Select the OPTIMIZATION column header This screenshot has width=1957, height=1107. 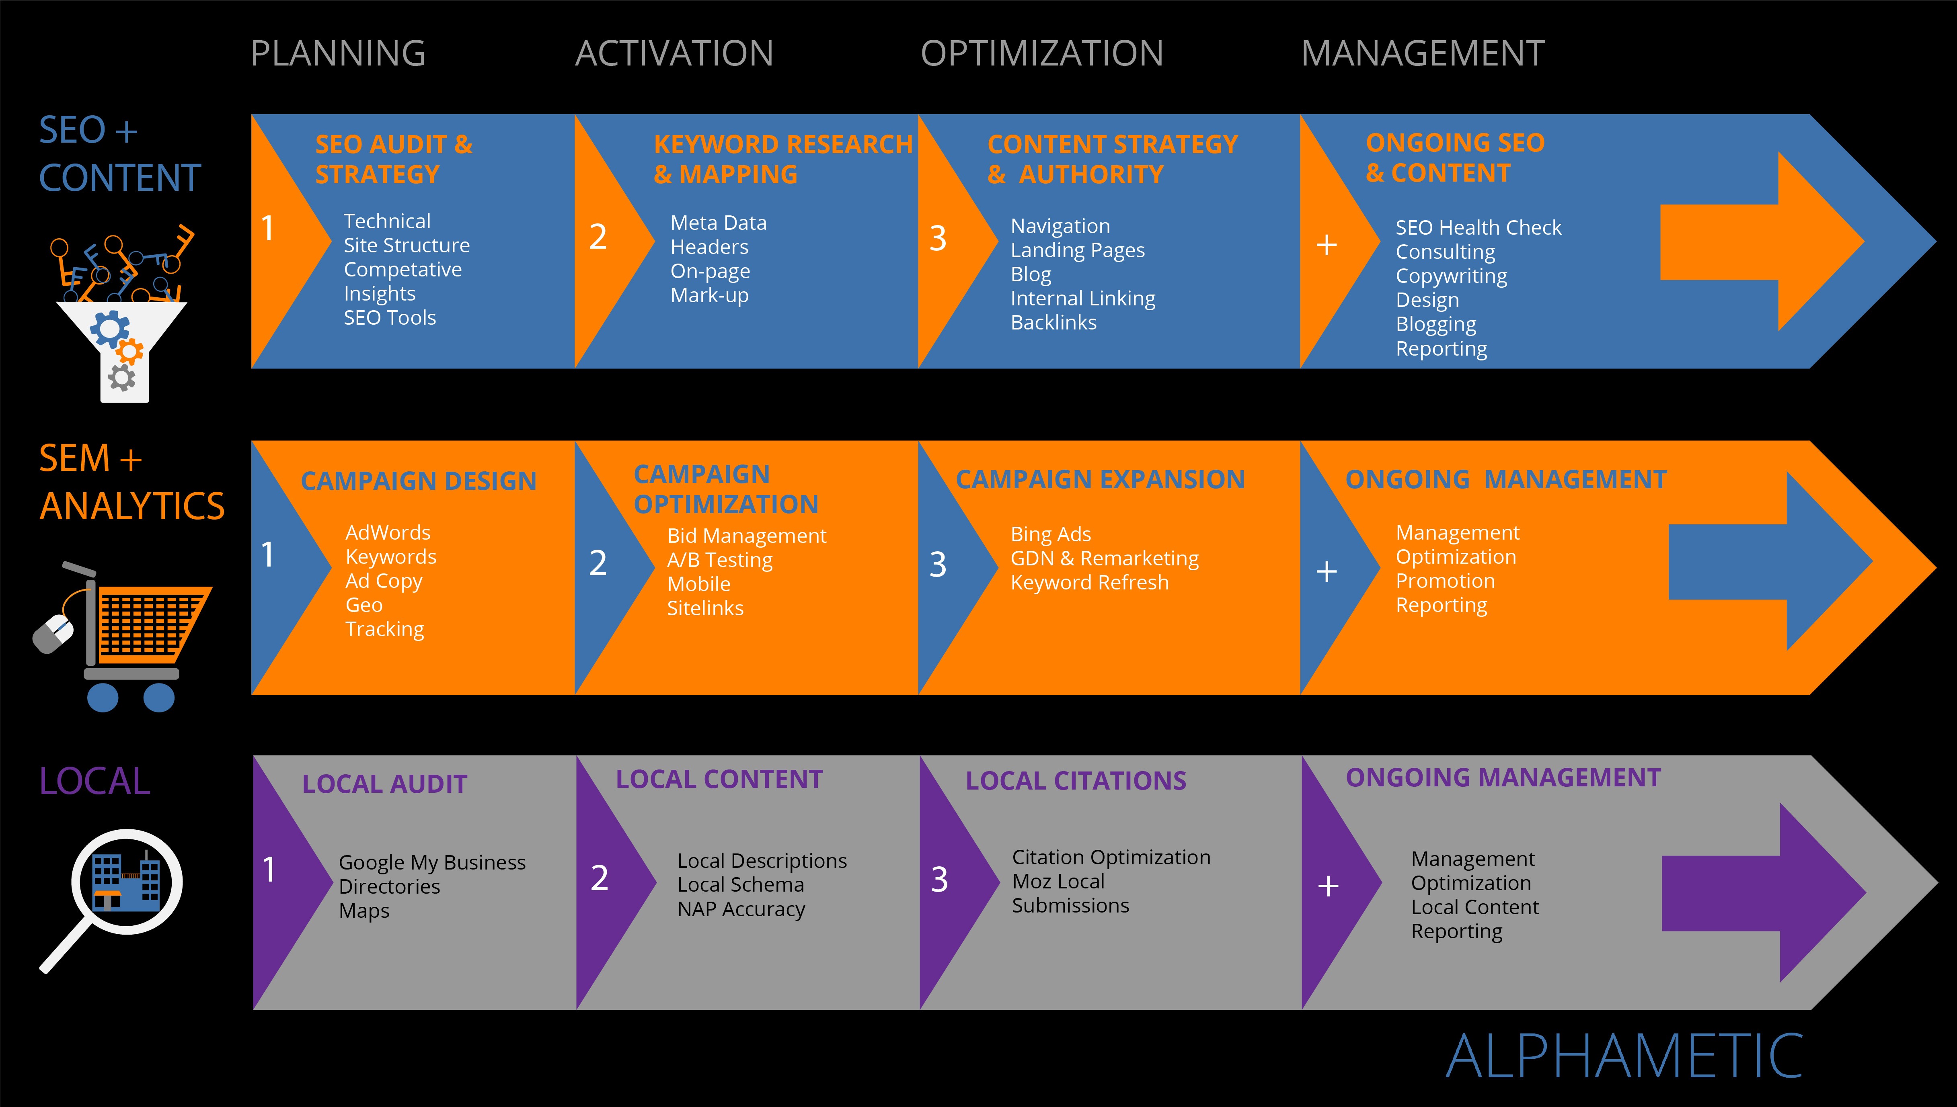tap(1041, 53)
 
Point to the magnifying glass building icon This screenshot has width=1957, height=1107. tap(118, 893)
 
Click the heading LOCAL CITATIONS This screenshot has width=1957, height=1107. tap(1076, 781)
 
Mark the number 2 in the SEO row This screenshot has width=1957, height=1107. tap(598, 236)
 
